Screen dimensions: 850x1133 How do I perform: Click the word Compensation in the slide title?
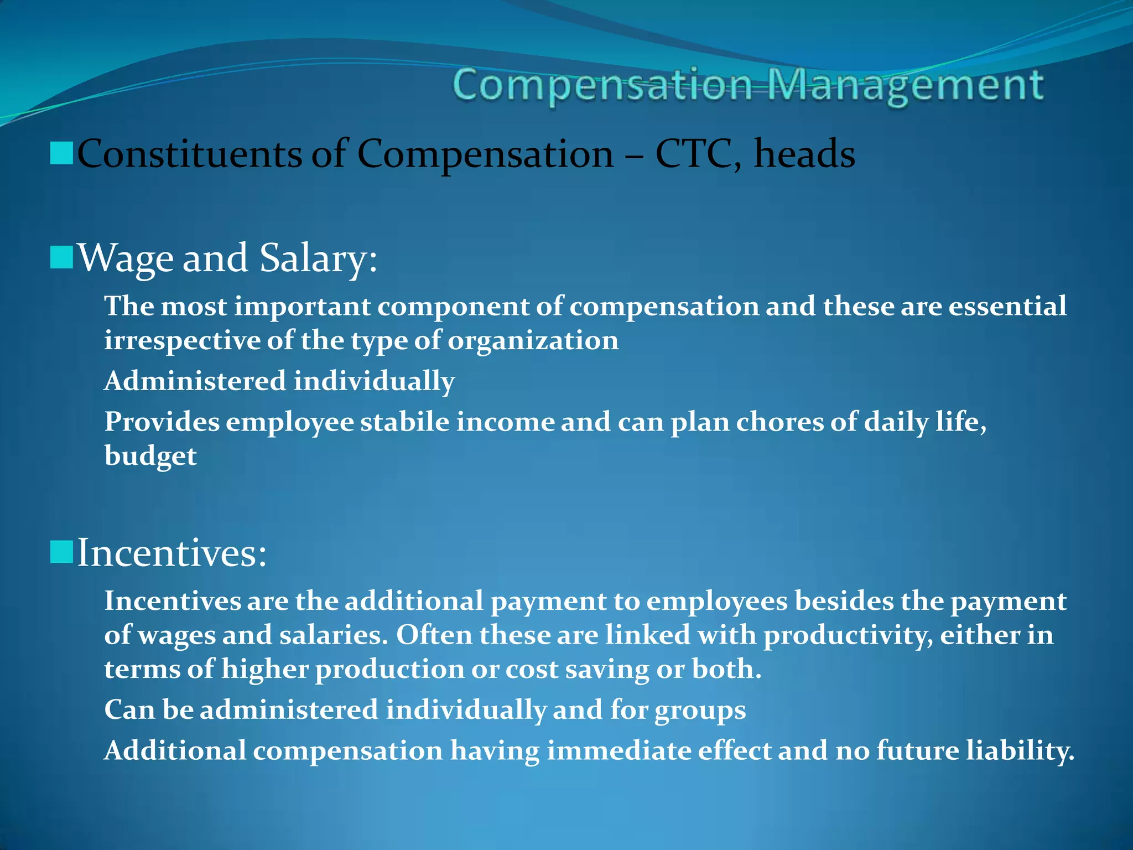click(x=601, y=86)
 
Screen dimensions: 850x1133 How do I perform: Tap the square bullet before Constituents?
click(x=61, y=153)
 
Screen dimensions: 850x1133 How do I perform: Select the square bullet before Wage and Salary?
click(x=61, y=257)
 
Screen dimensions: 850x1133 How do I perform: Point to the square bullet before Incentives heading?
click(x=61, y=552)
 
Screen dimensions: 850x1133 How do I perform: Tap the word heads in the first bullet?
click(x=804, y=153)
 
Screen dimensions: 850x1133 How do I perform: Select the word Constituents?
click(x=189, y=153)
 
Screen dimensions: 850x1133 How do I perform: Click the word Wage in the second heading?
click(x=126, y=258)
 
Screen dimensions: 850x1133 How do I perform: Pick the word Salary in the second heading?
click(x=319, y=258)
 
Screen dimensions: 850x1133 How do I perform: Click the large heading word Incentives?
click(x=172, y=552)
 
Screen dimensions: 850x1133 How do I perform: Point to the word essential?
click(x=1007, y=306)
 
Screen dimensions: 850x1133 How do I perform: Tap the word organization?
click(x=533, y=340)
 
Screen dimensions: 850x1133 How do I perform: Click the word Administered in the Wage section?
click(x=195, y=381)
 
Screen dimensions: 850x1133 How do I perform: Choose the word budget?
click(x=150, y=456)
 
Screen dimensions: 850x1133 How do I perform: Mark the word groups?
click(x=700, y=710)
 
